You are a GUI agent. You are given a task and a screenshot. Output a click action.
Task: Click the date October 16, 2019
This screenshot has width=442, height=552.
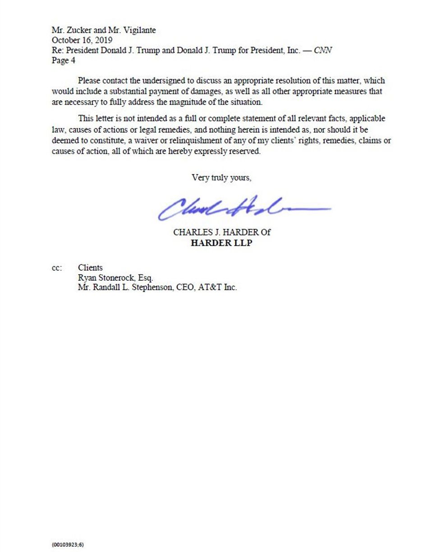(82, 40)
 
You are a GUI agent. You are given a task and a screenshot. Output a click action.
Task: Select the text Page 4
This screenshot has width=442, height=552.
(63, 60)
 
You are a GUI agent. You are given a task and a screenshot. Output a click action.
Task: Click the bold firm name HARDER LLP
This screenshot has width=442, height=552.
(221, 243)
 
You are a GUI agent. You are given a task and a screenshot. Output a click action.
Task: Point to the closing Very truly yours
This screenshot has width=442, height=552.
(221, 177)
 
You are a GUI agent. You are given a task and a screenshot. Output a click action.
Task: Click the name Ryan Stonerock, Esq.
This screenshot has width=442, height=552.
(115, 278)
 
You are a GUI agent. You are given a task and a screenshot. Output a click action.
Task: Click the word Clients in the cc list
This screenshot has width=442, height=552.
(90, 268)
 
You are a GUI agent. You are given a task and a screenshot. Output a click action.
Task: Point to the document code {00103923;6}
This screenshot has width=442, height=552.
(68, 544)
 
